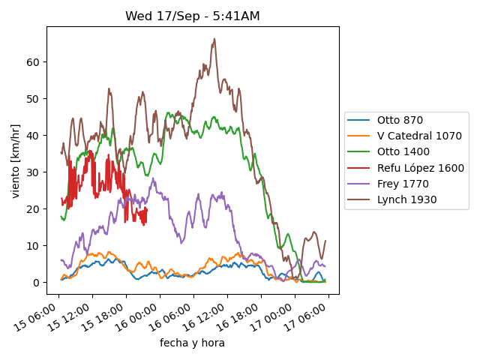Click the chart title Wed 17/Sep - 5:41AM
click(192, 16)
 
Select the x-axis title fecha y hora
click(192, 343)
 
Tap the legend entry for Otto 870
click(400, 120)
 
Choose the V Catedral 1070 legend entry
click(418, 136)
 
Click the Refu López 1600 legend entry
click(420, 168)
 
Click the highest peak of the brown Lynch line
click(214, 39)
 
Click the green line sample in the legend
click(360, 151)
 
